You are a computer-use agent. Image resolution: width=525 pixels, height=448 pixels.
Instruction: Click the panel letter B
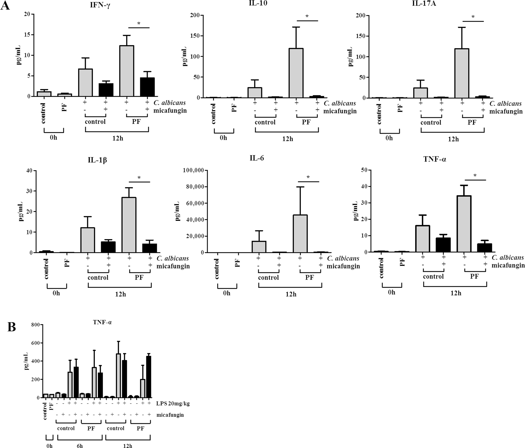pyautogui.click(x=11, y=327)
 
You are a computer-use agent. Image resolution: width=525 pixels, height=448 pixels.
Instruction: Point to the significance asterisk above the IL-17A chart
pyautogui.click(x=473, y=17)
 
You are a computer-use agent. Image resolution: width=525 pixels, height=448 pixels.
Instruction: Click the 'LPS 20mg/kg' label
pyautogui.click(x=173, y=404)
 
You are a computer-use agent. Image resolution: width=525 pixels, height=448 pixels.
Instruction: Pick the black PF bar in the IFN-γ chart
pyautogui.click(x=147, y=87)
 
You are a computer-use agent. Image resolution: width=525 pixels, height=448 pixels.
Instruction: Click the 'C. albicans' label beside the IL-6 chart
pyautogui.click(x=343, y=258)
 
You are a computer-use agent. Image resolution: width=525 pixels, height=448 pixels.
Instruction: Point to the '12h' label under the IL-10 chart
pyautogui.click(x=287, y=139)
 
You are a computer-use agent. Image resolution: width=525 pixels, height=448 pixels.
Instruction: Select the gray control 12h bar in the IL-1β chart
pyautogui.click(x=88, y=240)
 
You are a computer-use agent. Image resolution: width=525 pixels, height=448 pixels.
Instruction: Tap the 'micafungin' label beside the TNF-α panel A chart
pyautogui.click(x=508, y=265)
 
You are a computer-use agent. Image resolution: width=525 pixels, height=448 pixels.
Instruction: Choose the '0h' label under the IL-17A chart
pyautogui.click(x=389, y=138)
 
